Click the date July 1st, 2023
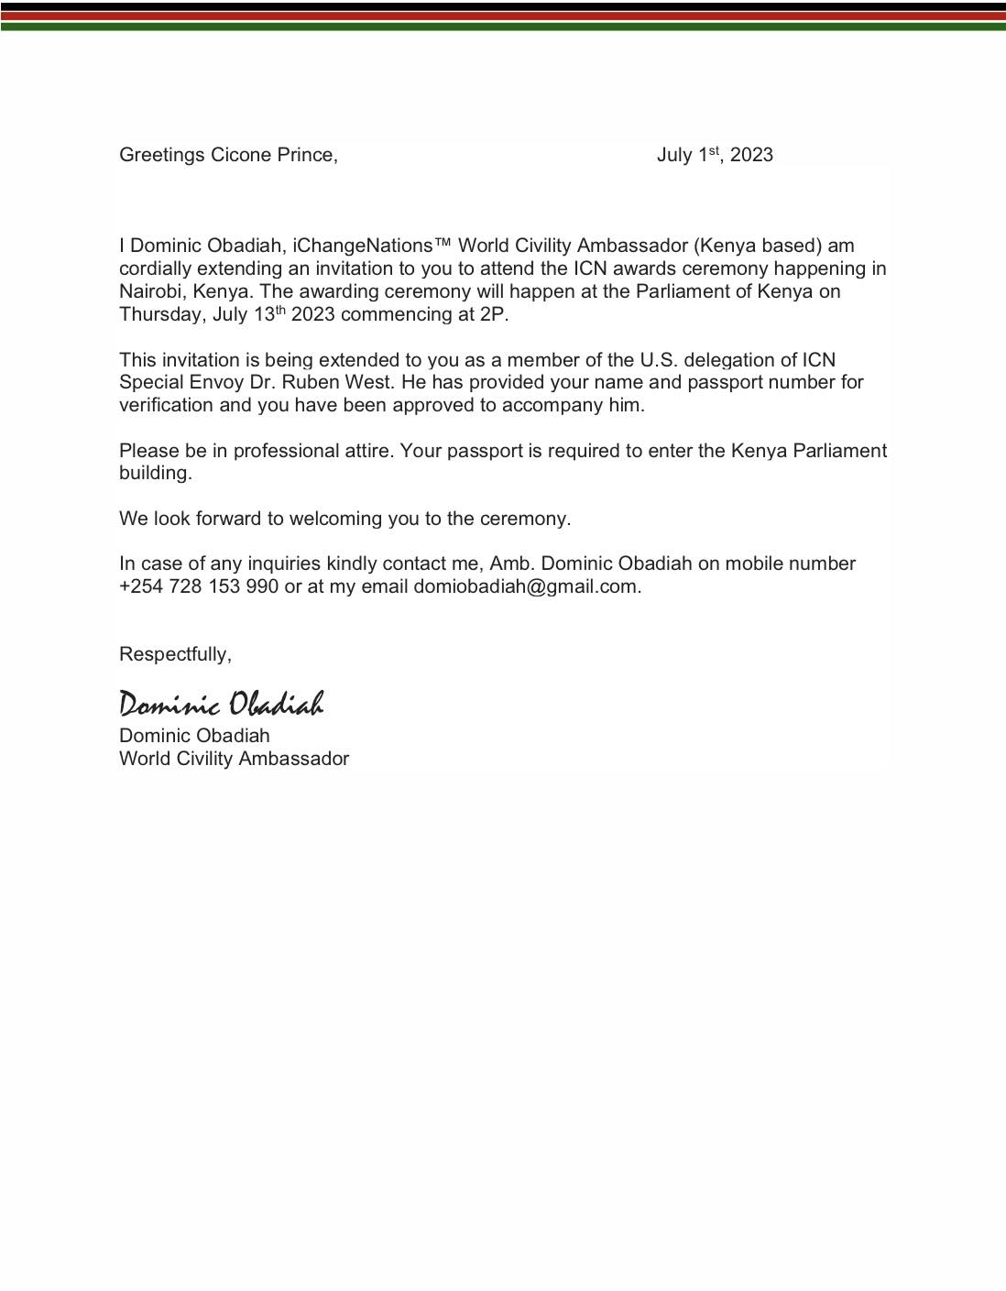pos(715,155)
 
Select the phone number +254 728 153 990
pos(199,586)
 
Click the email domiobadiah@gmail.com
pos(526,586)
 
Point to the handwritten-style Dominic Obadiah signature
pos(221,704)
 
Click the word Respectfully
pos(174,654)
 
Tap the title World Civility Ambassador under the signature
pos(234,759)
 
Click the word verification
pos(166,405)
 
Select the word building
pos(155,473)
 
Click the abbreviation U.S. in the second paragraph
pos(660,360)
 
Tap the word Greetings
pos(162,155)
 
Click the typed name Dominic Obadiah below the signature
pos(194,736)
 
